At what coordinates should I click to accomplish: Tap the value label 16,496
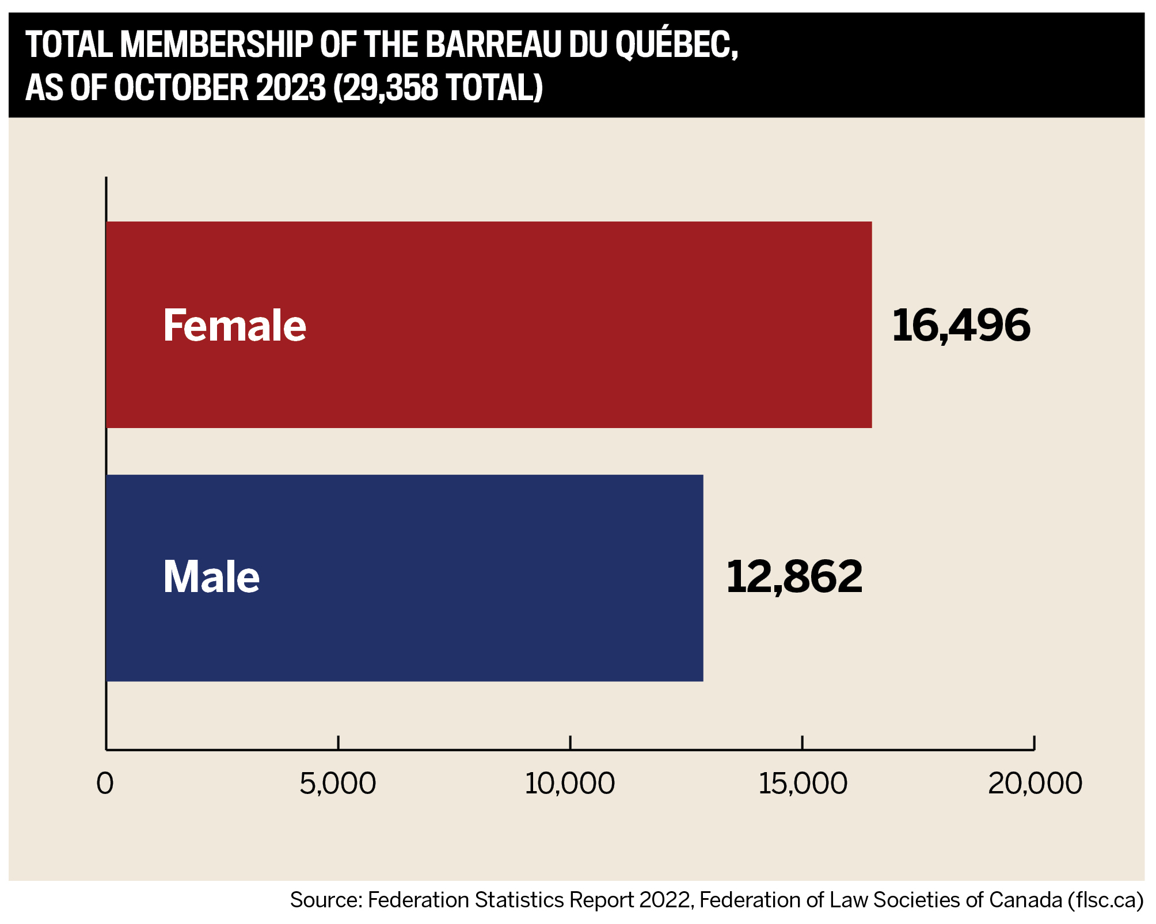(x=961, y=325)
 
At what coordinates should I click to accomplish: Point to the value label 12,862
(x=794, y=576)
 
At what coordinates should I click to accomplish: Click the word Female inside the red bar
(x=235, y=326)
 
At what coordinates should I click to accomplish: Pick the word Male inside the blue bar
(x=211, y=577)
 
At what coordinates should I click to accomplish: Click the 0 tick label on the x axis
(x=105, y=784)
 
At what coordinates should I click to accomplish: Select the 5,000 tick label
(x=338, y=784)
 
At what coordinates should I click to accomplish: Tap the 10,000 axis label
(x=569, y=784)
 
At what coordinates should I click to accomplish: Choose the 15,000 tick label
(x=802, y=784)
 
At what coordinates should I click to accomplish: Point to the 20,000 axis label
(x=1035, y=784)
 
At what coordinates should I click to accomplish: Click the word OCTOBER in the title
(x=181, y=87)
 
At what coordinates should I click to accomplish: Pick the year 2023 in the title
(x=291, y=87)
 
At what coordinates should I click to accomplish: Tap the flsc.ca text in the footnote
(x=1105, y=900)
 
